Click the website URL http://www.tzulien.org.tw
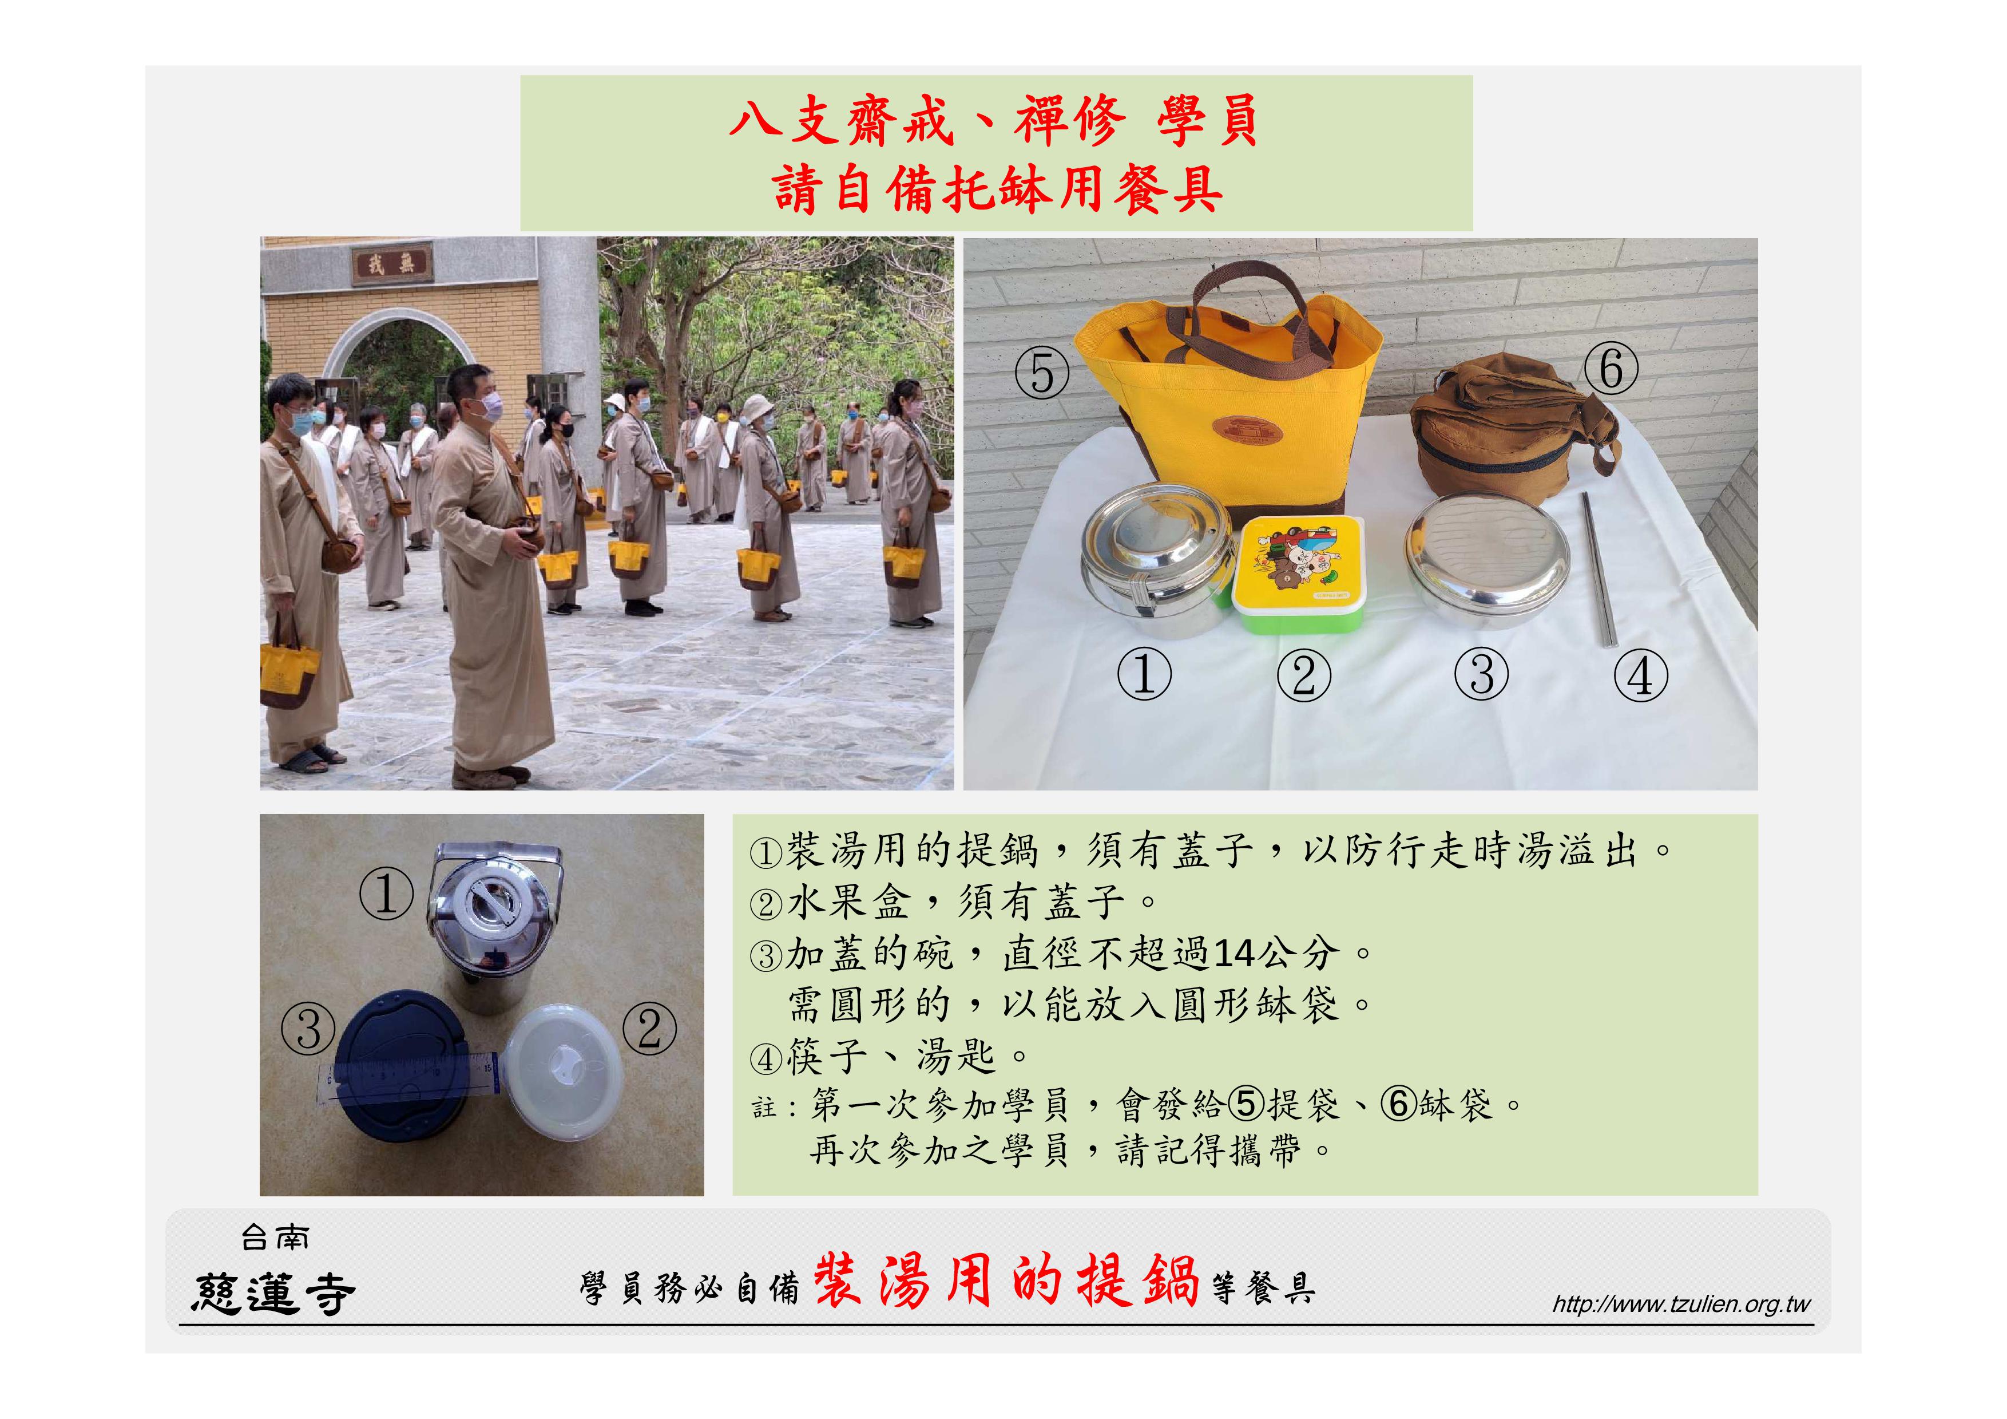coord(1680,1305)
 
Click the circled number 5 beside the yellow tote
coord(1042,373)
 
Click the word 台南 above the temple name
coord(275,1237)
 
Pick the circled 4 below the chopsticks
coord(1641,676)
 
